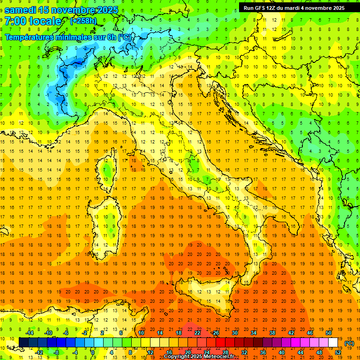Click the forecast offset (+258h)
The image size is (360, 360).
tap(83, 21)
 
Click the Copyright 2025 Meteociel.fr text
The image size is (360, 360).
tap(199, 357)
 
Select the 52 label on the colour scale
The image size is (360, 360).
tap(337, 352)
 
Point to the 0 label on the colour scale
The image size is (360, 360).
tap(93, 352)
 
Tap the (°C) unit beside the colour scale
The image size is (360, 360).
tap(349, 343)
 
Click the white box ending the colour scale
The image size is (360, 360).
tap(333, 342)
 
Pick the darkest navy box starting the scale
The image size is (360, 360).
tap(23, 342)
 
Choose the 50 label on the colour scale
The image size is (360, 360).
tap(328, 332)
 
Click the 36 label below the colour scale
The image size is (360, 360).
tap(262, 352)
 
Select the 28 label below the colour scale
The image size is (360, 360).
tap(225, 352)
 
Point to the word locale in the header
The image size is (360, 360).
tap(45, 21)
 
